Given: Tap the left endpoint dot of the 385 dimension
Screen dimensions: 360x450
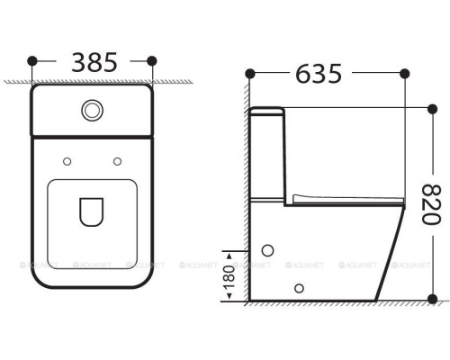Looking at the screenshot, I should coord(33,61).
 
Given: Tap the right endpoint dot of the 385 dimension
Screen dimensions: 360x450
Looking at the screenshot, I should coord(151,61).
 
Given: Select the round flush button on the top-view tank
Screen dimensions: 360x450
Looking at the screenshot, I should coord(92,110).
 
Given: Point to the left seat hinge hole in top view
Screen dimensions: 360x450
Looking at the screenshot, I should coord(67,161).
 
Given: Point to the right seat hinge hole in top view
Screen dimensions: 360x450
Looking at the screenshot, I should coord(117,161).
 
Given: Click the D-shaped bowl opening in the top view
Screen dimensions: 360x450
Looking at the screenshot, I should coord(92,211).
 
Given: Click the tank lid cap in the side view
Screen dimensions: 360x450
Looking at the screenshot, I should coord(267,112).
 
